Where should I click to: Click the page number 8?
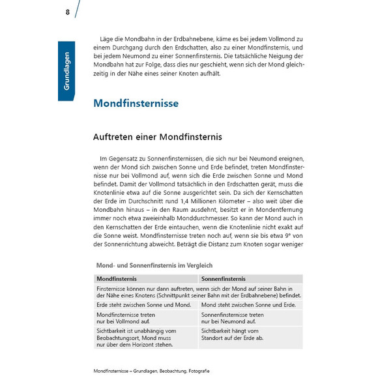(x=67, y=12)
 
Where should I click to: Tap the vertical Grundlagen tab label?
(x=66, y=71)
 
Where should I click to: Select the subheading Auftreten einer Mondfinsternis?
(x=158, y=137)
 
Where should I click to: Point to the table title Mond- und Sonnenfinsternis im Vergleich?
(x=154, y=265)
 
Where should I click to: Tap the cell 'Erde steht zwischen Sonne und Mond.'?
(x=143, y=304)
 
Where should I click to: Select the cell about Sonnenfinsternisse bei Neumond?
(x=233, y=317)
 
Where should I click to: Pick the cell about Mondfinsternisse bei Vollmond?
(x=126, y=317)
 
